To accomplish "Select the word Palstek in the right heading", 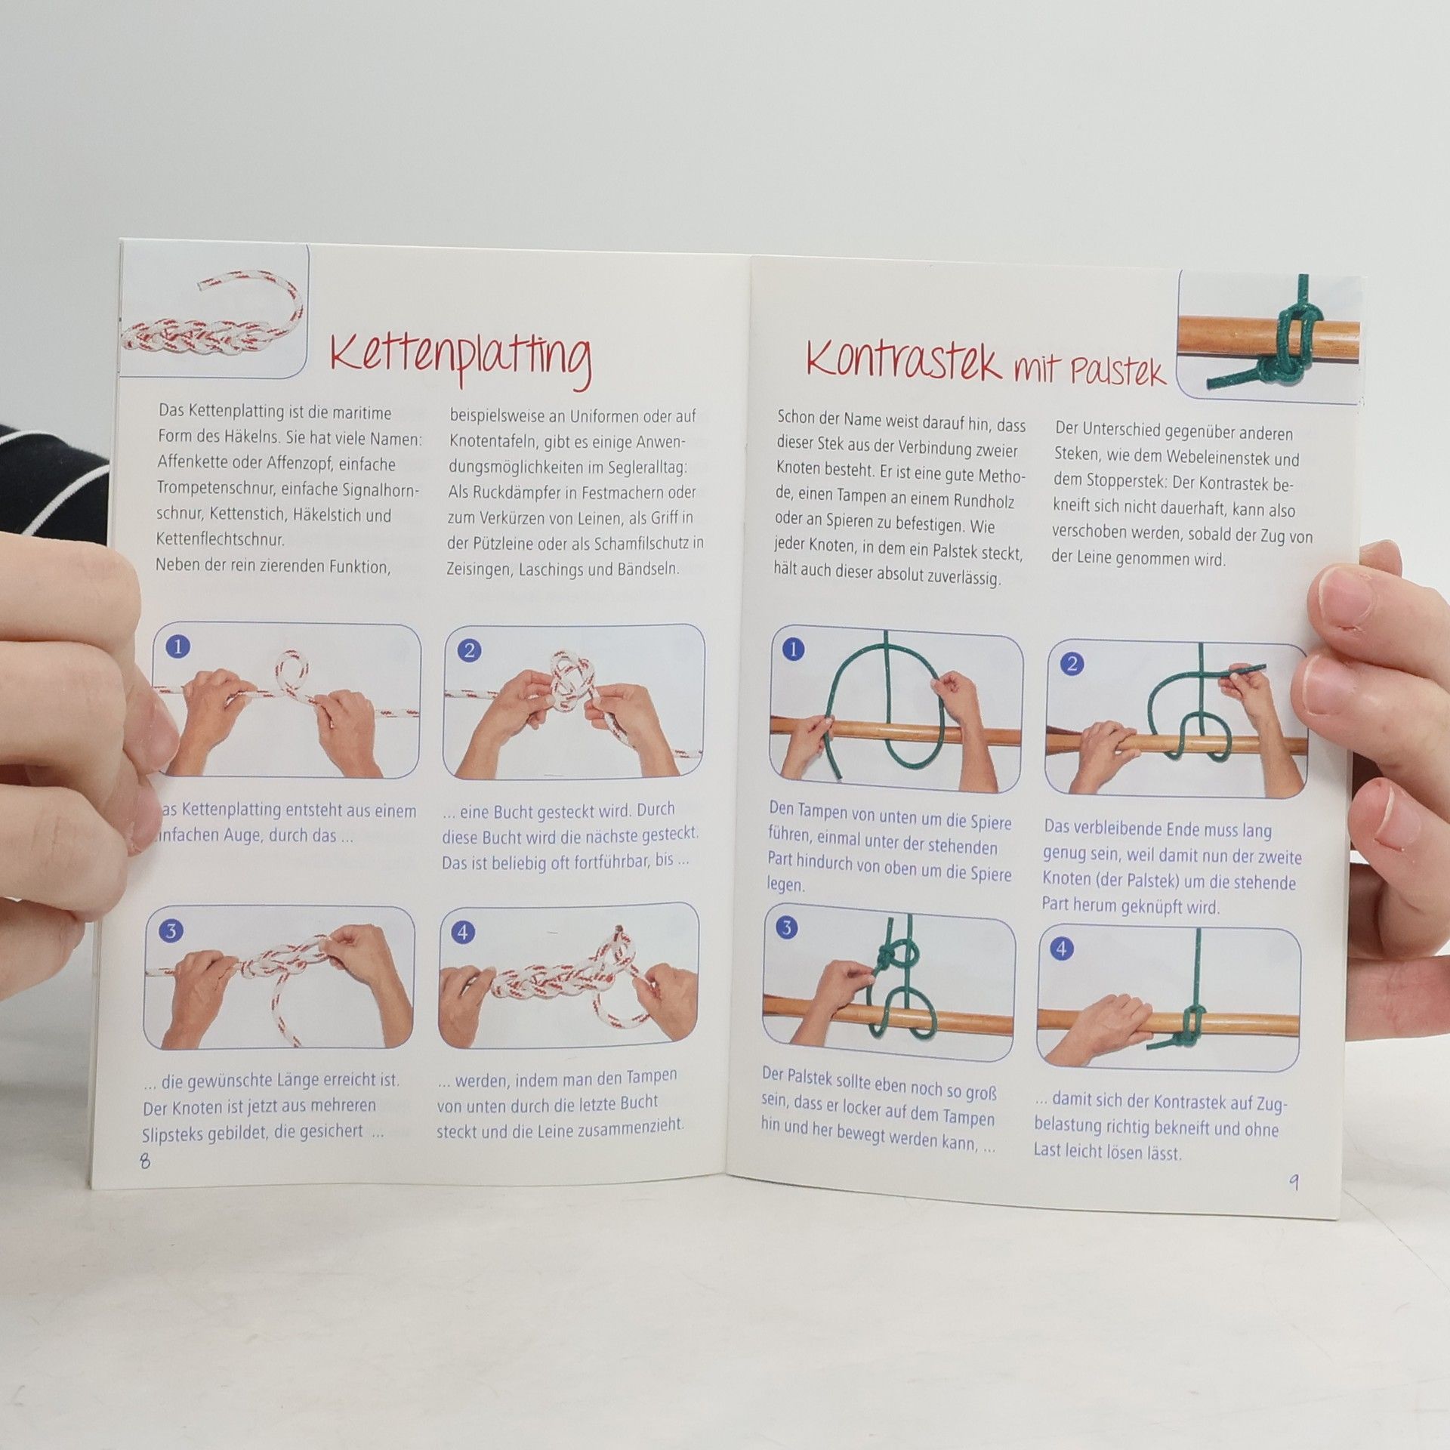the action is coord(1117,372).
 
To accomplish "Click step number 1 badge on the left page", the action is coord(178,646).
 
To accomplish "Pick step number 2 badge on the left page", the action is coord(469,650).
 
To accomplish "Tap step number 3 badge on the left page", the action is coord(171,930).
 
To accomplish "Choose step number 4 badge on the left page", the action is coord(463,932).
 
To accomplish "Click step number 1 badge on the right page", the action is coord(793,649).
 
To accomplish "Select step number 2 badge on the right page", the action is coord(1072,665).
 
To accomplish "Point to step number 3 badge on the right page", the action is coord(787,927).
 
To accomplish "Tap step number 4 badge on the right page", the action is coord(1062,948).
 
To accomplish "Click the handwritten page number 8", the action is coord(145,1160).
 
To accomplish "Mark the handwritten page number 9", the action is coord(1294,1181).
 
